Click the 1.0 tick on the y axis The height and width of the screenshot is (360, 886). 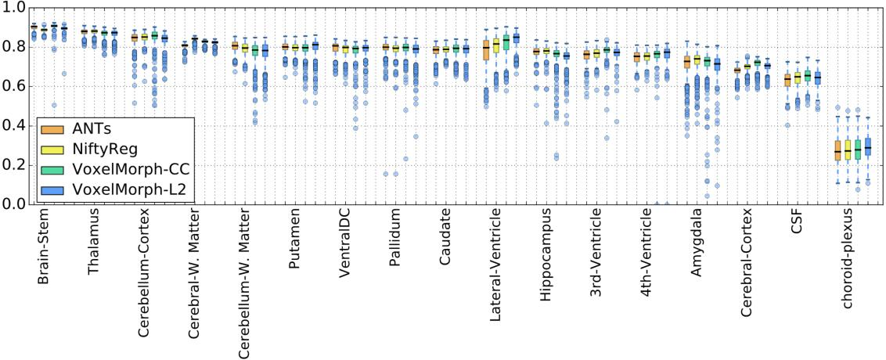[x=15, y=7]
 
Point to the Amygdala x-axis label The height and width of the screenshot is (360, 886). [x=697, y=243]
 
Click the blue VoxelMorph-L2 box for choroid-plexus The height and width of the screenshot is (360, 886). [x=867, y=148]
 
